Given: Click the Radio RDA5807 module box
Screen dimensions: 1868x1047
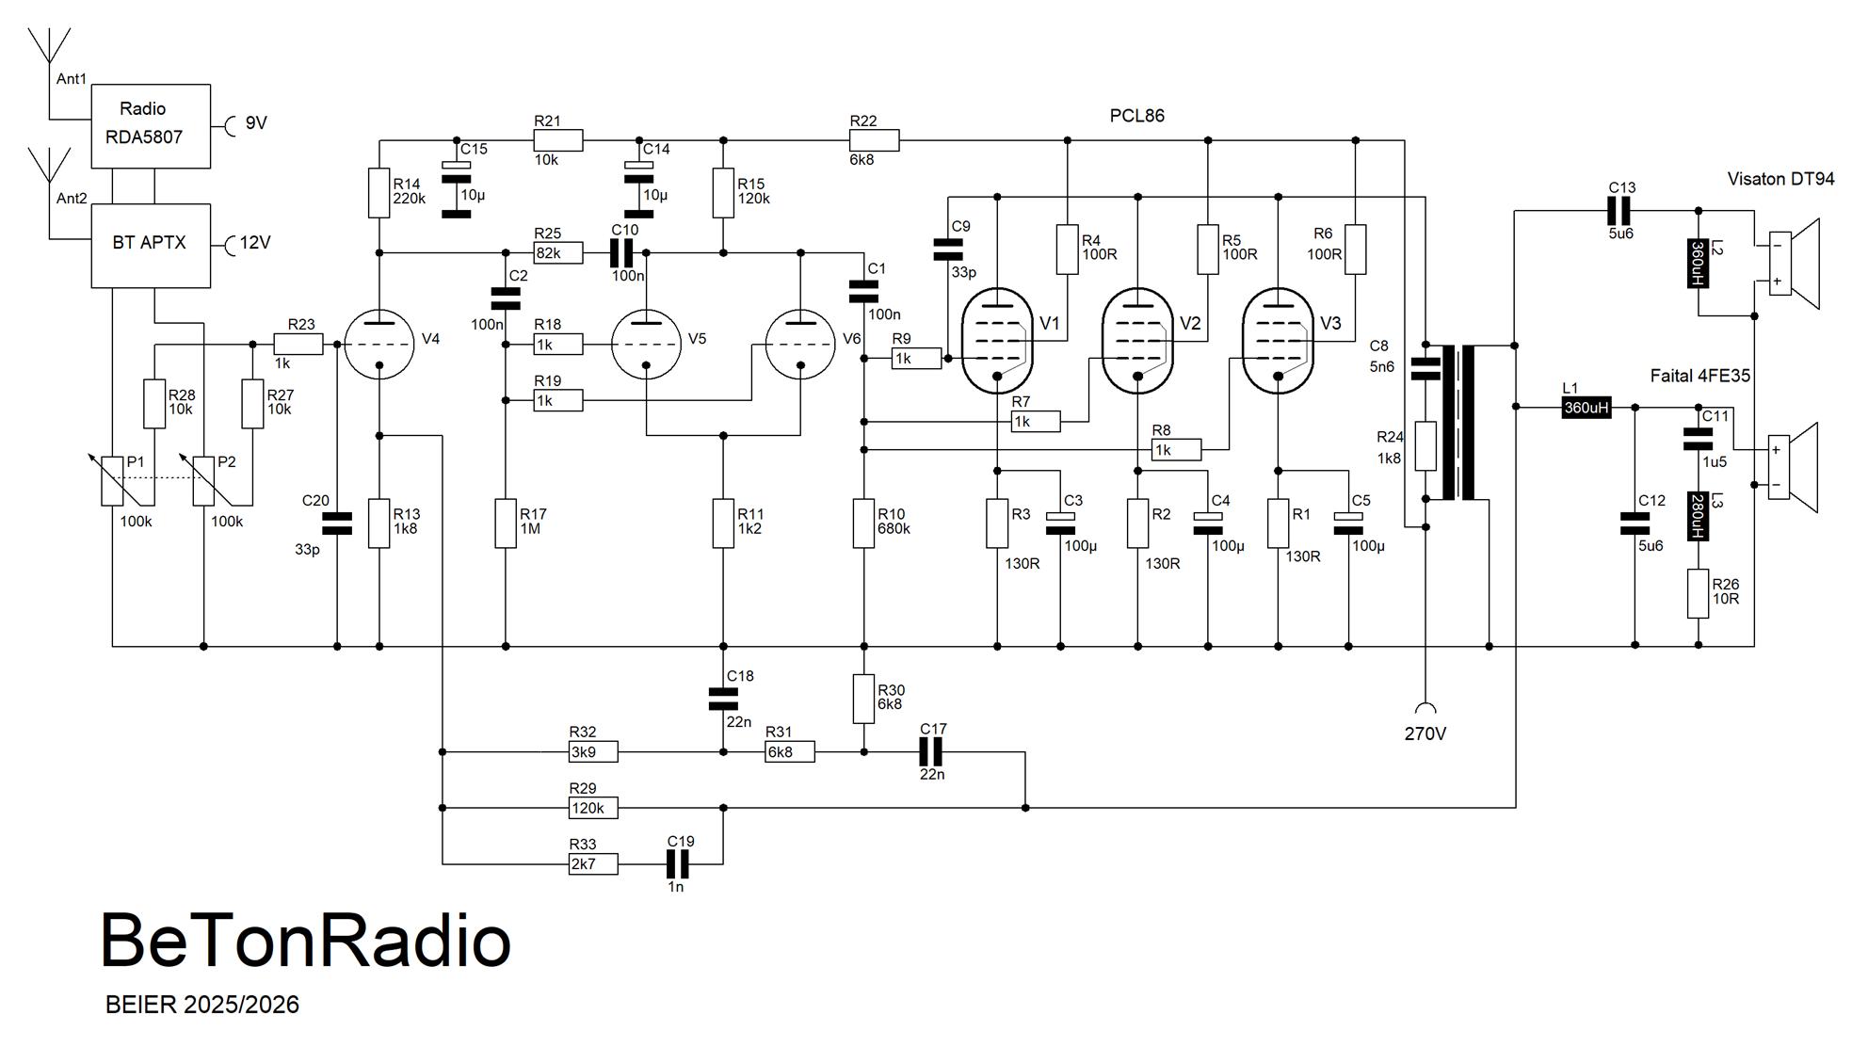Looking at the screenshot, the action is pyautogui.click(x=151, y=126).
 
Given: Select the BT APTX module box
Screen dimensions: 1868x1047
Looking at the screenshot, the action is pyautogui.click(x=151, y=245).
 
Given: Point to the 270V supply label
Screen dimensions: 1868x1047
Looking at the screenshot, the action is pyautogui.click(x=1425, y=733).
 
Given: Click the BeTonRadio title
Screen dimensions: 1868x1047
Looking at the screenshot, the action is pyautogui.click(x=306, y=941).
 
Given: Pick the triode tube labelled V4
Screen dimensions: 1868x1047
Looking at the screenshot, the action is pyautogui.click(x=379, y=345).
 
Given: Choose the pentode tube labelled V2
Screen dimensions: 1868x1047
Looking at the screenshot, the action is pyautogui.click(x=1137, y=341).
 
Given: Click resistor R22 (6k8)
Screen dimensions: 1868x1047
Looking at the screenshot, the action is pyautogui.click(x=875, y=140).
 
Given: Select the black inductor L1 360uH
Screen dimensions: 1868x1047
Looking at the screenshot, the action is pyautogui.click(x=1586, y=408).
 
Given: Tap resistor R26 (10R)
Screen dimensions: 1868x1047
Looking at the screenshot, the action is pyautogui.click(x=1698, y=593).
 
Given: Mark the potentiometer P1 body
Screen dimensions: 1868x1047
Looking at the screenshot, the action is pyautogui.click(x=112, y=480).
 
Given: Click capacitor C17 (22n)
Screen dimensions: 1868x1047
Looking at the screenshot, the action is pyautogui.click(x=931, y=751).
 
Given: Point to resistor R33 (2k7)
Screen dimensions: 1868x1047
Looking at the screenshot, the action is pyautogui.click(x=593, y=863).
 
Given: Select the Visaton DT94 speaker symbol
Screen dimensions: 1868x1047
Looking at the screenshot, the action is pyautogui.click(x=1793, y=264).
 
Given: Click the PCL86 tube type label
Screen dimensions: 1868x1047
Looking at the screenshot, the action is pyautogui.click(x=1136, y=116).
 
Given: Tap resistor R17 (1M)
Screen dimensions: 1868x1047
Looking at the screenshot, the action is pyautogui.click(x=506, y=523).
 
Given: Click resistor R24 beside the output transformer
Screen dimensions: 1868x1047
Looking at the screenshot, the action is pyautogui.click(x=1425, y=446).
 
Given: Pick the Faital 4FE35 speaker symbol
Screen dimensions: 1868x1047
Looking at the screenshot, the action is pyautogui.click(x=1793, y=468).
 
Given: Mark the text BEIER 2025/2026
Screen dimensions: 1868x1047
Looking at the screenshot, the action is pyautogui.click(x=202, y=1005).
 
